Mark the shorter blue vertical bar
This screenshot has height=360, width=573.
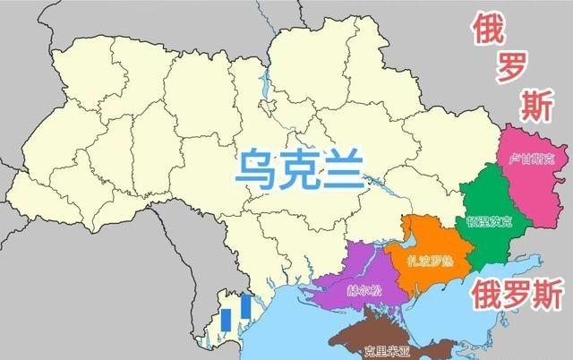(227, 320)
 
